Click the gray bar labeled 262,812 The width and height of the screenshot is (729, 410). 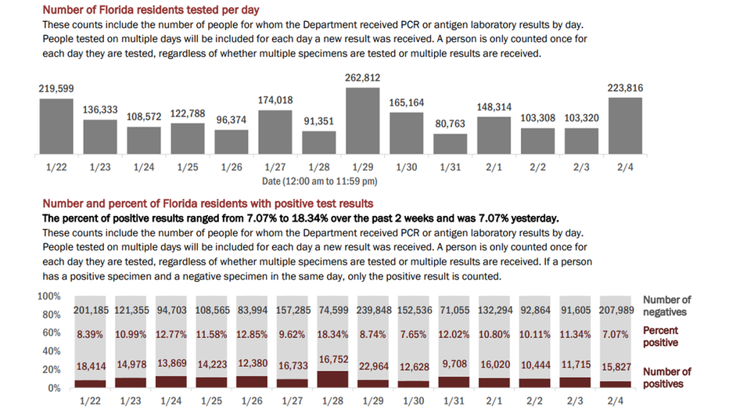coord(363,120)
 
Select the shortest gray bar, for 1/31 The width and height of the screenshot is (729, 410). coord(450,144)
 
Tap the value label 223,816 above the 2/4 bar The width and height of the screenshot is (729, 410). coord(625,88)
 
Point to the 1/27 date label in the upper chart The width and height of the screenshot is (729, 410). coord(275,167)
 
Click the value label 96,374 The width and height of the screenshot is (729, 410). coord(232,120)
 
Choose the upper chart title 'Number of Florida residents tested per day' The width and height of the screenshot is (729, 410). coord(151,9)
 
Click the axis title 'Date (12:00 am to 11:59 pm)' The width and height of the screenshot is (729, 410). coord(319,182)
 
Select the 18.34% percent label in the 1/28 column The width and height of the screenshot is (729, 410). coord(333,335)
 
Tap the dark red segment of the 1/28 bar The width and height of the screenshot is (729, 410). coord(333,379)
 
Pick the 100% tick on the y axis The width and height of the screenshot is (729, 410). coord(48,297)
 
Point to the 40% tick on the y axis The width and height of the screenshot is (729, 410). coord(52,351)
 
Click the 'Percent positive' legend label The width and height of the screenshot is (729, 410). coord(661,336)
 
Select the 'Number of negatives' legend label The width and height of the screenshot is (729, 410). coord(666,306)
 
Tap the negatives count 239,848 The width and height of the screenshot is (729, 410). coord(374,310)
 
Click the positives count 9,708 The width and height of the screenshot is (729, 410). coord(454,364)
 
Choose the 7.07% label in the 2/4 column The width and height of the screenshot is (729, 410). coord(615,335)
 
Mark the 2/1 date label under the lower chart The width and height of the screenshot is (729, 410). coord(494,401)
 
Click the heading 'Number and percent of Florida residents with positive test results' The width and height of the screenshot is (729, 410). coord(208,203)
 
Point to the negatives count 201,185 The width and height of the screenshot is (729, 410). coord(91,310)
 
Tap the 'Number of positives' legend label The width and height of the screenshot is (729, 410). coord(666,378)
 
